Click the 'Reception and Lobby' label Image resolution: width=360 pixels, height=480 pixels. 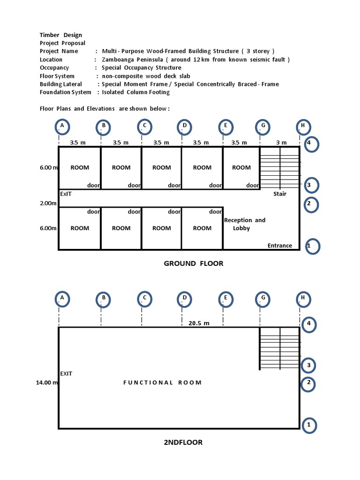click(x=244, y=224)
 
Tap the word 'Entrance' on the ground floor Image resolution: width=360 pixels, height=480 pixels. click(x=279, y=246)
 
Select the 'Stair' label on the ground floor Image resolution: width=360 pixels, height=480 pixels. click(x=280, y=194)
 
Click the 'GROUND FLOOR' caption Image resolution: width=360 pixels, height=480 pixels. click(x=194, y=263)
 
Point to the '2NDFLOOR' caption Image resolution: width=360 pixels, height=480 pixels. click(x=183, y=442)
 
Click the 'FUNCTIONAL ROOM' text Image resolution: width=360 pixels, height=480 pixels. click(x=162, y=382)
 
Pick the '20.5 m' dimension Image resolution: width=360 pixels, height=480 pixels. click(x=199, y=323)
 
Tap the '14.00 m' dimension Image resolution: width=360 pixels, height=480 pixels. click(x=47, y=382)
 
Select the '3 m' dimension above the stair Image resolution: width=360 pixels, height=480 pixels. click(x=281, y=142)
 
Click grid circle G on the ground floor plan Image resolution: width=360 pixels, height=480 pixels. click(x=263, y=126)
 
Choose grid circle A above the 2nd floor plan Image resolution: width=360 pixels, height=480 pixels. click(x=61, y=298)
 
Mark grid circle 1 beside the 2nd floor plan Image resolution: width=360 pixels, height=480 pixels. click(x=309, y=425)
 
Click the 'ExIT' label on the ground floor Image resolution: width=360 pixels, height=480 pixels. click(x=66, y=194)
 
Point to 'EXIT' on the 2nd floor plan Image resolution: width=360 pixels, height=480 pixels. click(x=66, y=374)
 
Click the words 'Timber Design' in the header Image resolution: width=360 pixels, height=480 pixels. click(x=61, y=35)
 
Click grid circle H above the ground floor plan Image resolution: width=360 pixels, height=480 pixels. click(x=303, y=126)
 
